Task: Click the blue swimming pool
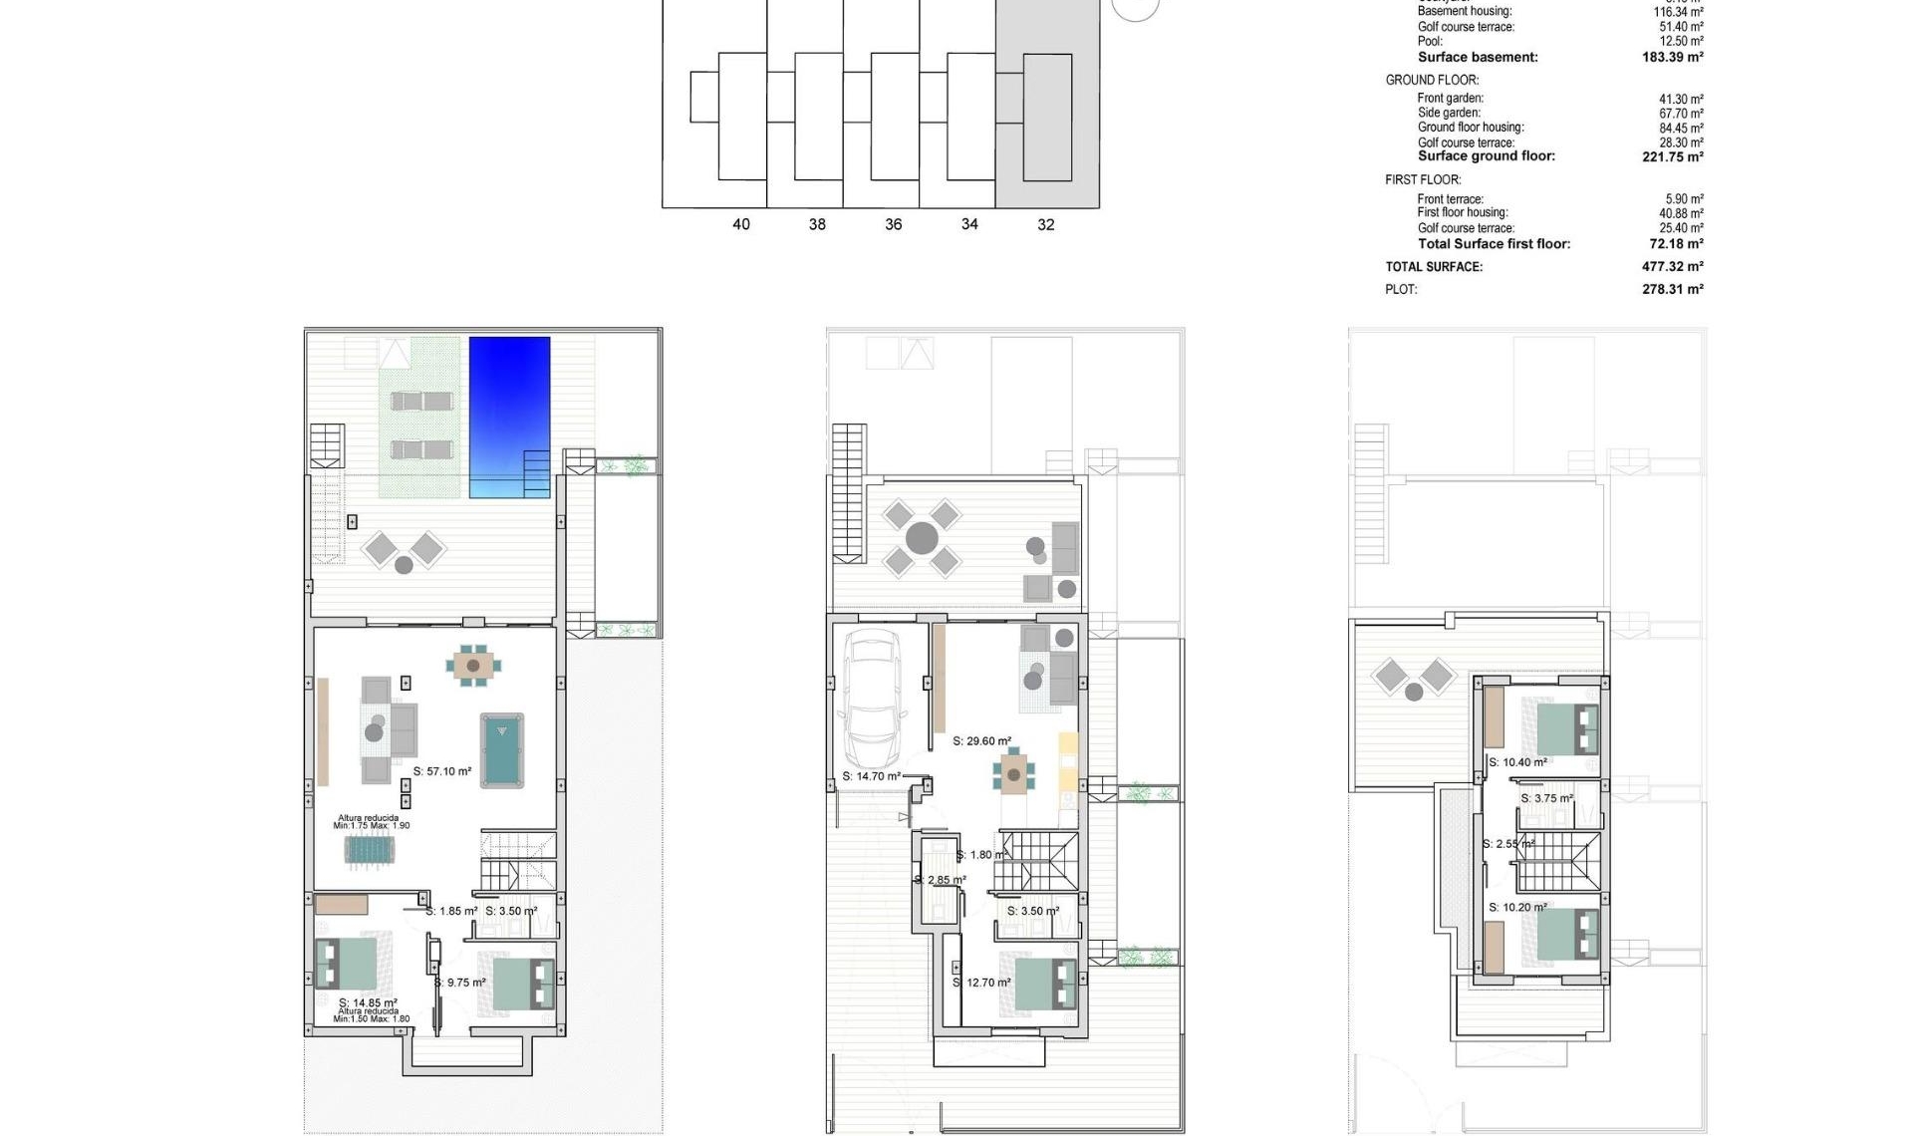pyautogui.click(x=509, y=417)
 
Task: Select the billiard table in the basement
pyautogui.click(x=502, y=749)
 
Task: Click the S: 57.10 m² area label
pyautogui.click(x=442, y=771)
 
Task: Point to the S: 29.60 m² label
pyautogui.click(x=981, y=741)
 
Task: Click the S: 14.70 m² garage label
pyautogui.click(x=871, y=776)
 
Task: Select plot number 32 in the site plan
pyautogui.click(x=1045, y=225)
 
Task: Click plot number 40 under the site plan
pyautogui.click(x=740, y=225)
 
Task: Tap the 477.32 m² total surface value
pyautogui.click(x=1672, y=267)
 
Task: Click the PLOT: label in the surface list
pyautogui.click(x=1400, y=290)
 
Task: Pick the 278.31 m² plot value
pyautogui.click(x=1672, y=290)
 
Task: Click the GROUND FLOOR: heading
pyautogui.click(x=1431, y=81)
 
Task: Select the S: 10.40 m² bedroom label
pyautogui.click(x=1517, y=762)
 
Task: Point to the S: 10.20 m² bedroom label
pyautogui.click(x=1517, y=908)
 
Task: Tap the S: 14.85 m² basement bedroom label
pyautogui.click(x=368, y=1003)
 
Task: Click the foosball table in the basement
pyautogui.click(x=370, y=850)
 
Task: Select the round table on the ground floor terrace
pyautogui.click(x=921, y=539)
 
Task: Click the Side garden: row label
pyautogui.click(x=1449, y=114)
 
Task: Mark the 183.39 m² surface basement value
pyautogui.click(x=1672, y=58)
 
